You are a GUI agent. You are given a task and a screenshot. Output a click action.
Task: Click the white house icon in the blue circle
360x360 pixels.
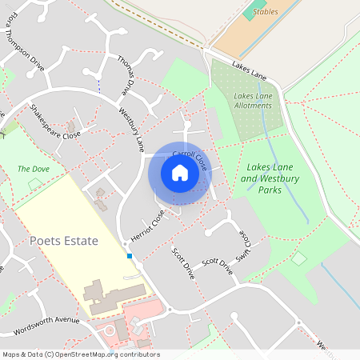coord(179,173)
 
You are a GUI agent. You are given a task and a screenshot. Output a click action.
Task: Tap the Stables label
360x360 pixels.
coord(265,12)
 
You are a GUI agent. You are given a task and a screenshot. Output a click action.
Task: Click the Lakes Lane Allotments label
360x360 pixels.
coord(253,101)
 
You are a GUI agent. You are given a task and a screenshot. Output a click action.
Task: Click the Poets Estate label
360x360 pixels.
coord(63,241)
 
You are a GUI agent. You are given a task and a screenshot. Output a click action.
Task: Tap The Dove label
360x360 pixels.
coord(34,170)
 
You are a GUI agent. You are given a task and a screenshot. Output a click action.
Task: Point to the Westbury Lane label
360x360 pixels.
coord(130,129)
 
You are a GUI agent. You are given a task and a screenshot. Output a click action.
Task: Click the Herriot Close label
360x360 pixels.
coord(147,227)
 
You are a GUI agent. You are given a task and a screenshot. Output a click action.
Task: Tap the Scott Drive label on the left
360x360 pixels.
coord(183,262)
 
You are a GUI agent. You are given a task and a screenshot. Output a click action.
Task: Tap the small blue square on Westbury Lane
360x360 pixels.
coord(130,256)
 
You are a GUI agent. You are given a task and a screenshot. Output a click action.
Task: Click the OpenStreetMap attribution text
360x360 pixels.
coord(80,354)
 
